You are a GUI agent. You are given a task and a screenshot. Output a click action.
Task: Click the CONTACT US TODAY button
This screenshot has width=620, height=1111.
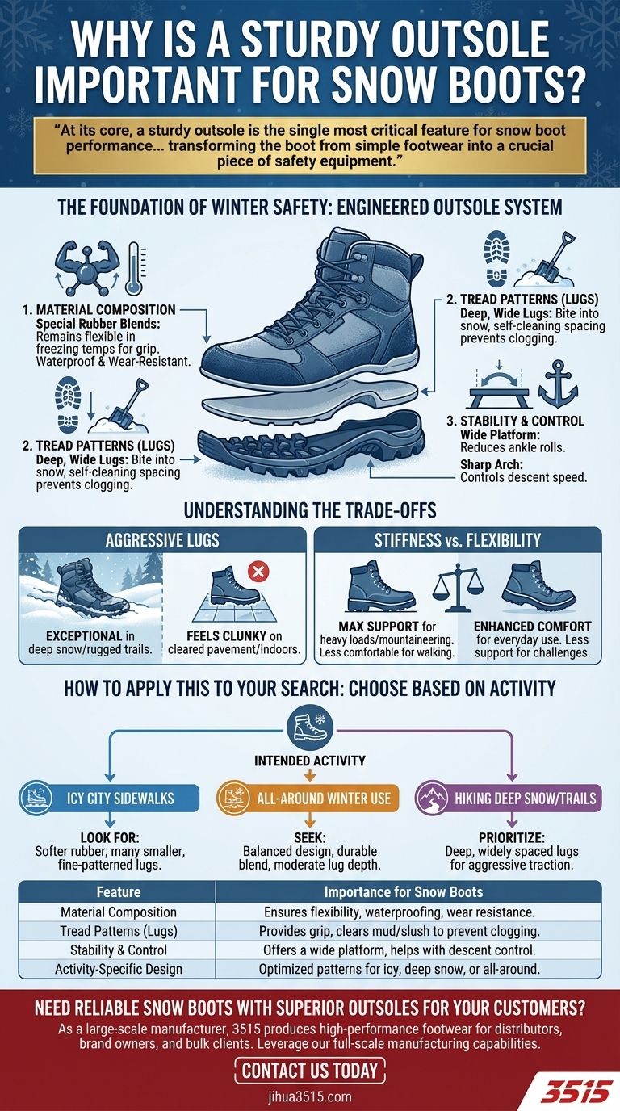[310, 1071]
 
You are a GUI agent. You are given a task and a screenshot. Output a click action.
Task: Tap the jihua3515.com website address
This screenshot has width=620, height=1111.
[310, 1096]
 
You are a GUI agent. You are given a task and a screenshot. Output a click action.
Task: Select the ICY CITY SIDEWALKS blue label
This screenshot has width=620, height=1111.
[110, 799]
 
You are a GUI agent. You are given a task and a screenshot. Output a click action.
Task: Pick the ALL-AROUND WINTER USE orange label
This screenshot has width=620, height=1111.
[310, 799]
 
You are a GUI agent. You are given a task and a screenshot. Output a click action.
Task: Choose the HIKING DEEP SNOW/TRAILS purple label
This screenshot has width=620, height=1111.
[511, 799]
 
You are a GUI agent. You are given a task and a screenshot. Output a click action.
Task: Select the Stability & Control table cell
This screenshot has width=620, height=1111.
[119, 950]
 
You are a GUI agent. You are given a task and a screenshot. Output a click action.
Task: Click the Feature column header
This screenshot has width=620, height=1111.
[119, 892]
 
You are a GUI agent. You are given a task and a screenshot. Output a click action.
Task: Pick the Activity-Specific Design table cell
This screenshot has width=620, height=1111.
[119, 968]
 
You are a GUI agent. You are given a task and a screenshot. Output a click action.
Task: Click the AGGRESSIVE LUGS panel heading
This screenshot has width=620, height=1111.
[162, 540]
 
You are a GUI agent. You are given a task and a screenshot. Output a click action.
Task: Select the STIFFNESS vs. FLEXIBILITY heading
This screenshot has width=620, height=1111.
[458, 540]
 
